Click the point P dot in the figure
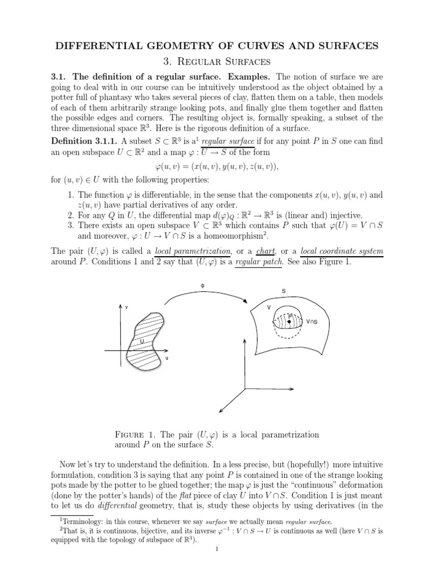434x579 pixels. coord(289,321)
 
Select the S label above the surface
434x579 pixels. coord(283,291)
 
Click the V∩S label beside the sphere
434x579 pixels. coord(311,322)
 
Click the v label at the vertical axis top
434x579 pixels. coord(126,308)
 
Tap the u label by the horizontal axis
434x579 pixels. coord(166,358)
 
